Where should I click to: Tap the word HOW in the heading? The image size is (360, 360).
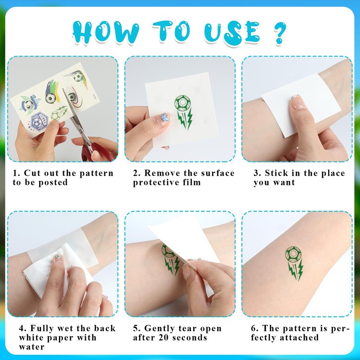point(106,32)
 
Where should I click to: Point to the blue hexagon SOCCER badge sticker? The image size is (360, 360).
point(38,121)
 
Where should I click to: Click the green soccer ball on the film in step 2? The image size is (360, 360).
point(182,103)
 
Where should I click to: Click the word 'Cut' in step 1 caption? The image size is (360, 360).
point(32,173)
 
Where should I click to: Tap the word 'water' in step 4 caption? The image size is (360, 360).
point(31,346)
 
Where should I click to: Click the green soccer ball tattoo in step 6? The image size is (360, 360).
point(293,254)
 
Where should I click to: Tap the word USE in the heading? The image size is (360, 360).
point(232,32)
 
